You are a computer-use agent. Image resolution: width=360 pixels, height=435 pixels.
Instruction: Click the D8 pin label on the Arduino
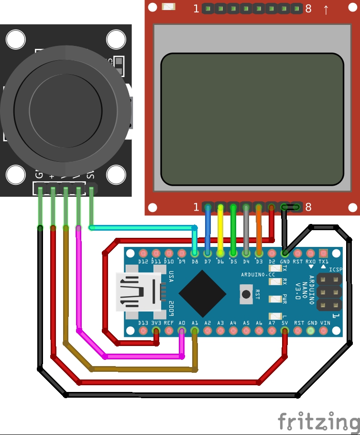[x=195, y=262]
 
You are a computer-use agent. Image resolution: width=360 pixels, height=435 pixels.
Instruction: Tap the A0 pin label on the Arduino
[x=182, y=323]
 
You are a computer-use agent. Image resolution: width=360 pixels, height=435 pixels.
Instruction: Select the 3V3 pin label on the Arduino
[x=156, y=323]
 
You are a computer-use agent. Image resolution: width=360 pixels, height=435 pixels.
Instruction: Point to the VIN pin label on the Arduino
[x=325, y=323]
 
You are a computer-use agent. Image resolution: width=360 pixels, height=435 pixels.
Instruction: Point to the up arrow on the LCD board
[x=326, y=9]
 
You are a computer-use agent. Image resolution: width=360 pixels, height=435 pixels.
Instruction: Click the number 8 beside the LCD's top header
[x=308, y=9]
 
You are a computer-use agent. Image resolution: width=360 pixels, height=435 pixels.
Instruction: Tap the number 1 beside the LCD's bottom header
[x=196, y=207]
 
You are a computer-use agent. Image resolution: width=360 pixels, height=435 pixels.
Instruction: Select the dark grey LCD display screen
[x=252, y=119]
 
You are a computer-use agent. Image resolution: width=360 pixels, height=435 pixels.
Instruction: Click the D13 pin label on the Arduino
[x=143, y=323]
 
